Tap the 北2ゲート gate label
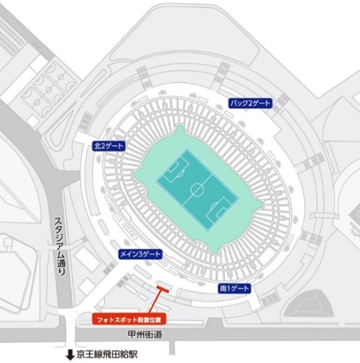pos(108,146)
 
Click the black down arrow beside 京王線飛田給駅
pos(69,355)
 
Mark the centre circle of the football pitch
pos(197,190)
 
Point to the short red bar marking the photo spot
pos(162,287)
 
